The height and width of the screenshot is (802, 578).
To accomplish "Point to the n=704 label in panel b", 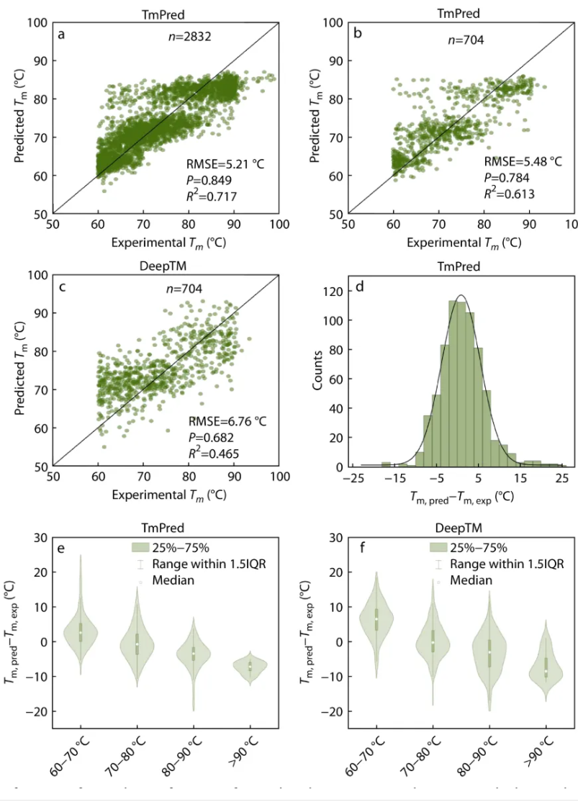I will point(465,40).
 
